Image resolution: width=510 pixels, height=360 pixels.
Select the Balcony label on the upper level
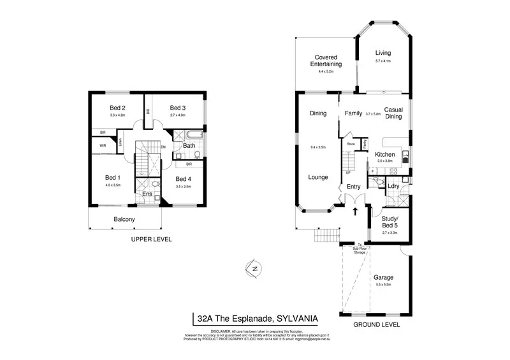[124, 220]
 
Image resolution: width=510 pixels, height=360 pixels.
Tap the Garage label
[384, 277]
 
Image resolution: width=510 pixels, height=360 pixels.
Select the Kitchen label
[384, 155]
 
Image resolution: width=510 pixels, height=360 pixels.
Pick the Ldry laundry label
[393, 186]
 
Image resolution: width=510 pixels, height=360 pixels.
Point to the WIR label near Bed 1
[103, 145]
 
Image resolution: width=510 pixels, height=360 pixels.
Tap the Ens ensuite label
[147, 194]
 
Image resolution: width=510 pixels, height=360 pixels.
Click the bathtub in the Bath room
[190, 136]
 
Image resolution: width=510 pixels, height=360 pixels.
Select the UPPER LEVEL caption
[152, 240]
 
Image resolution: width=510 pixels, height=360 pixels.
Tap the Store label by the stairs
[351, 145]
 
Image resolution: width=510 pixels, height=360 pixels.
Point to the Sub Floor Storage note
[360, 249]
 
